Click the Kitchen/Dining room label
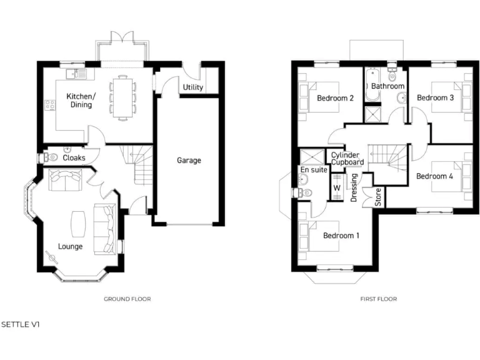tap(81, 101)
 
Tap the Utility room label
tap(193, 87)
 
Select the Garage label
tap(189, 161)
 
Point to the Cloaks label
tap(74, 158)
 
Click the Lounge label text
tap(70, 246)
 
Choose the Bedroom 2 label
tap(336, 98)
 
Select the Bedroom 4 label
tap(434, 176)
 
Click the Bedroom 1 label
tap(341, 236)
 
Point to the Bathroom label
tap(387, 86)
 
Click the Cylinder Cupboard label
tap(347, 159)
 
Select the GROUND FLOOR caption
tap(127, 299)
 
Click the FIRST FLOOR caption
tap(378, 299)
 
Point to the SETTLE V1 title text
tap(20, 325)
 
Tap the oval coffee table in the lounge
tap(78, 223)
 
